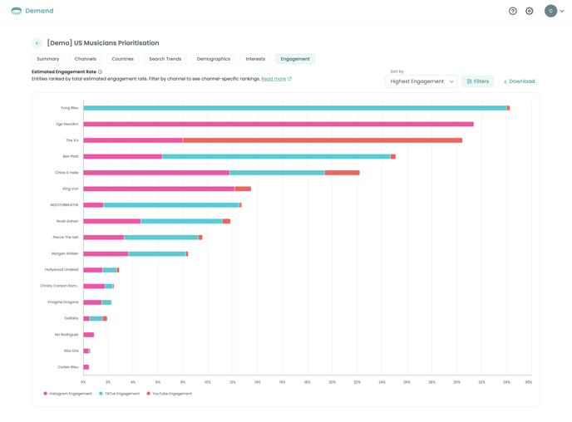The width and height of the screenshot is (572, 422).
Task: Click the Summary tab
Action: pos(48,59)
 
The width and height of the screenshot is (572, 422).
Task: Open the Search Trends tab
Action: pos(165,59)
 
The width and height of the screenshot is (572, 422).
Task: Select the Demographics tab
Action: pos(214,59)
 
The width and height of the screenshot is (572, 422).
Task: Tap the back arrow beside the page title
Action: pos(37,43)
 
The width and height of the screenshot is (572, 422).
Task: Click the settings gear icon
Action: pos(530,11)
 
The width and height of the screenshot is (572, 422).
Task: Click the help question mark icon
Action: pos(513,11)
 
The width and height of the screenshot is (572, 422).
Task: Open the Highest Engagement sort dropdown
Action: pos(422,81)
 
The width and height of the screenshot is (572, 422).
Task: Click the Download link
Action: pos(520,81)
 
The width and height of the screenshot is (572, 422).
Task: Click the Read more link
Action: pos(274,79)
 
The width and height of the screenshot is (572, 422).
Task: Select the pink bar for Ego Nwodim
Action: pos(279,124)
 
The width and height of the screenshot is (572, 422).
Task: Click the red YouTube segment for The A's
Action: pos(323,140)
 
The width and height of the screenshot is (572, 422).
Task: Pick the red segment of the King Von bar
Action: pos(243,189)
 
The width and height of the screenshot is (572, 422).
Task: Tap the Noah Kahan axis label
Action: pos(67,221)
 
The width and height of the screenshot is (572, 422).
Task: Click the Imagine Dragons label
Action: pos(63,302)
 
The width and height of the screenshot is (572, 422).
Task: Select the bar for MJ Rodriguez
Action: pos(89,335)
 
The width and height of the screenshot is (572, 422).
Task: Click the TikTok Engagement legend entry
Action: pos(120,394)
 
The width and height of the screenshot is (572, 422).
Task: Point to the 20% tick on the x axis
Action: pos(332,382)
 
